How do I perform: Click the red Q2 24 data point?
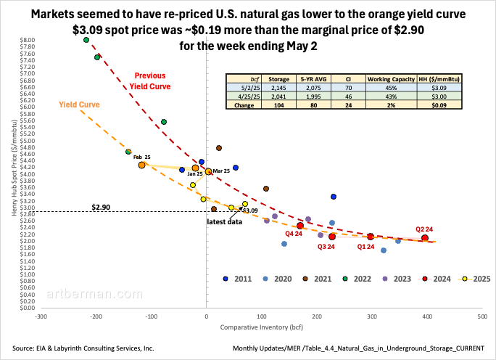[425, 237]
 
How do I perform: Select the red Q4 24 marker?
[300, 226]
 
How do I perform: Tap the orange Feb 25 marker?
[142, 165]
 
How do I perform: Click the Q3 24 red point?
[332, 237]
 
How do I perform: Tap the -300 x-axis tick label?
[41, 317]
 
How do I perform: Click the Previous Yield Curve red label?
[150, 81]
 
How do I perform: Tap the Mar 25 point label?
[221, 170]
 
